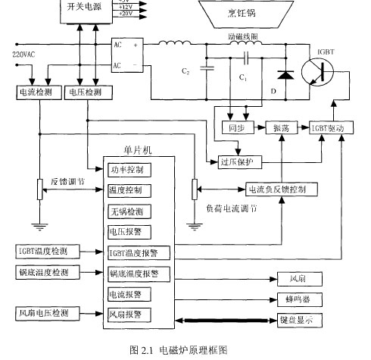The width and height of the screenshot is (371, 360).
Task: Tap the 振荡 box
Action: tap(282, 129)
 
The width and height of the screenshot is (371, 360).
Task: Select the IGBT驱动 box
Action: tap(331, 129)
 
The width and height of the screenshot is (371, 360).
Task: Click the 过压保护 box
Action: tap(238, 162)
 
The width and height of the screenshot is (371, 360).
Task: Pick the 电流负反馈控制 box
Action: tap(277, 189)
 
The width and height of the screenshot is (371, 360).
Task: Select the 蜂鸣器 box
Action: tap(296, 299)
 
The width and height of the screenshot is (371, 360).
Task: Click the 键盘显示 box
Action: tap(296, 321)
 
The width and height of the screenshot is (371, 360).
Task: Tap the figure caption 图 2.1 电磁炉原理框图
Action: tap(179, 349)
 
